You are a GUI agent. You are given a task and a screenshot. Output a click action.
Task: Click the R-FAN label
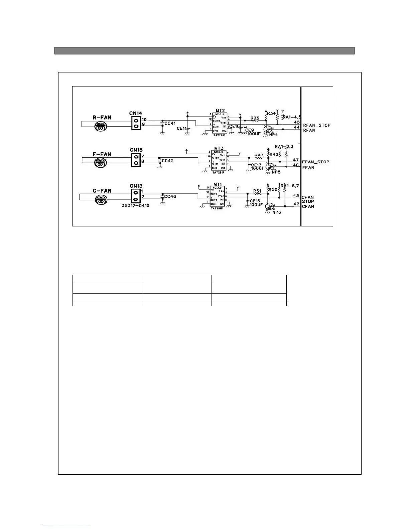point(102,118)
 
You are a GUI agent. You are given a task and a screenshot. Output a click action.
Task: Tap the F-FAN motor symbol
point(100,163)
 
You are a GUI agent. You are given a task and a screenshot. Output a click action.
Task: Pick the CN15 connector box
point(136,160)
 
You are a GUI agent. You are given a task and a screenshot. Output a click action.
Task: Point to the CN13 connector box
point(135,196)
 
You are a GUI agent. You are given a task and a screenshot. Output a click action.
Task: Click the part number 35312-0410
point(135,206)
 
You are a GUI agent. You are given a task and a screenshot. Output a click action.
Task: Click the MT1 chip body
point(218,196)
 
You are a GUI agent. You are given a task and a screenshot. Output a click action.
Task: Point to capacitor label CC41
point(170,124)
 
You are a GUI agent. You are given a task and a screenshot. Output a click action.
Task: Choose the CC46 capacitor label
point(170,197)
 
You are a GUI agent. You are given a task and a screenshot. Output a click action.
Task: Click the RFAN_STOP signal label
point(316,126)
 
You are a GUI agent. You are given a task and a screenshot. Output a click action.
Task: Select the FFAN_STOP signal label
point(315,162)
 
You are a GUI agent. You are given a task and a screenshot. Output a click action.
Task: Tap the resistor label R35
point(255,118)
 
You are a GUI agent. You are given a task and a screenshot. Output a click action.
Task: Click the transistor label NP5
point(276,172)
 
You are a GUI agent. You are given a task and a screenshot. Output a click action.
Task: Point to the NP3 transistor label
point(277,212)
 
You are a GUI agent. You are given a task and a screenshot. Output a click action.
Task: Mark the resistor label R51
point(257,191)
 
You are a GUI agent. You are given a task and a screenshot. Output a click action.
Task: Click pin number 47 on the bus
point(296,160)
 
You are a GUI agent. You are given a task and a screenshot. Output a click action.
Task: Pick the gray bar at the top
point(204,51)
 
